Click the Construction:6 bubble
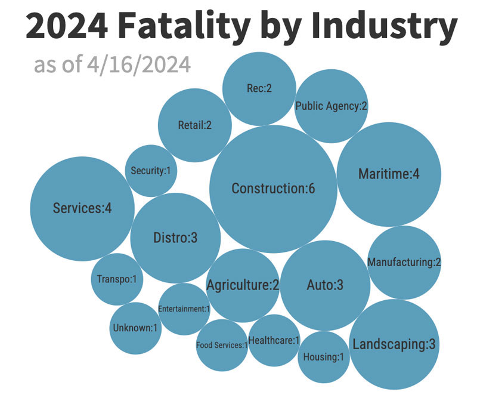[273, 189]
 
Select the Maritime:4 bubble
[389, 174]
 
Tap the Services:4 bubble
[82, 208]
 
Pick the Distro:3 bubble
[175, 238]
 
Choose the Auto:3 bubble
[324, 285]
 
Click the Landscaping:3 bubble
[394, 344]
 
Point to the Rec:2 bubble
[259, 88]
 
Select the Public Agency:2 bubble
[331, 106]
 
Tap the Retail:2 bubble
[194, 125]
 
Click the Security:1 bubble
[150, 171]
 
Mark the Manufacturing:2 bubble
[404, 262]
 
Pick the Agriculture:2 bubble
[243, 285]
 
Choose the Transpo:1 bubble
[117, 279]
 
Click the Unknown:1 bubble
[135, 328]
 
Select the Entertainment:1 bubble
[184, 309]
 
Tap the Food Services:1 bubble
[221, 345]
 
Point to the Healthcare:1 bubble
[274, 340]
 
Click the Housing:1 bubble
[323, 357]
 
